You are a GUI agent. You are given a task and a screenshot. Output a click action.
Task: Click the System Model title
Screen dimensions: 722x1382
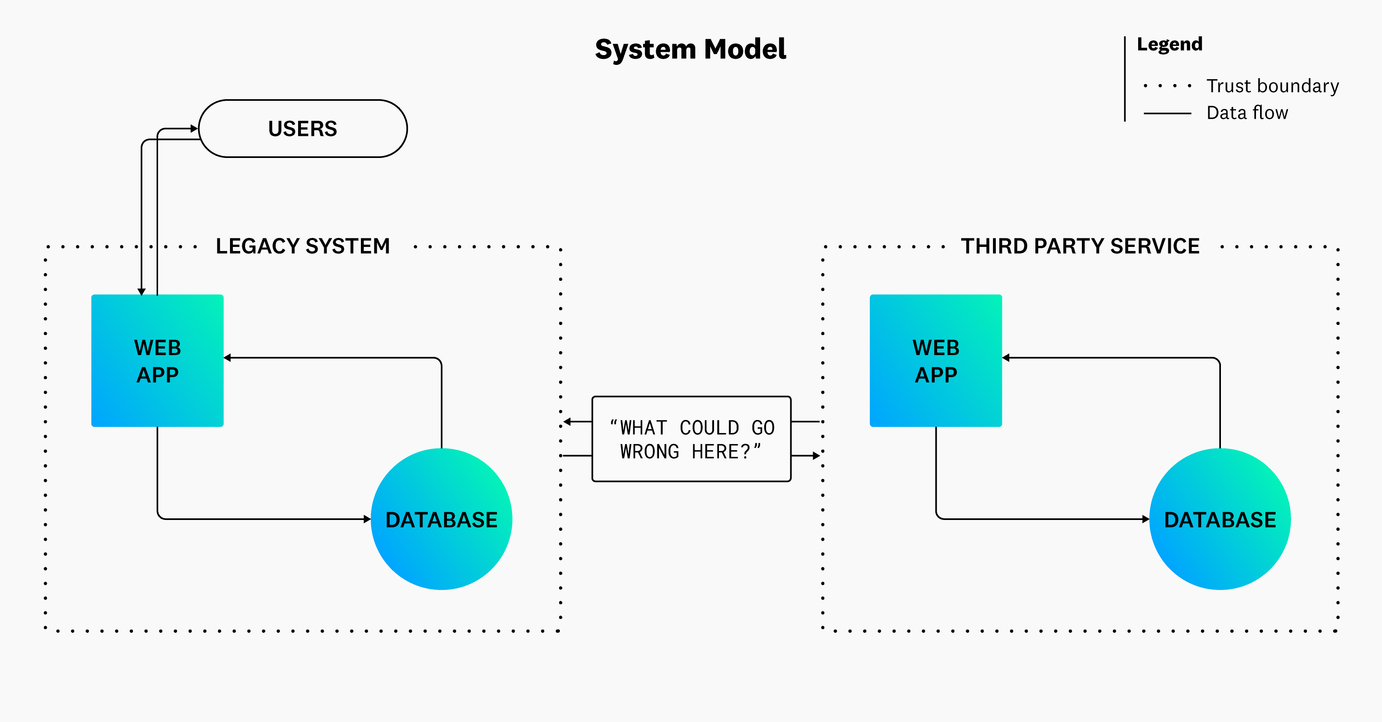pos(690,49)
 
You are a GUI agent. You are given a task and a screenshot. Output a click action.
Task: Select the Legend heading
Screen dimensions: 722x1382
pos(1170,44)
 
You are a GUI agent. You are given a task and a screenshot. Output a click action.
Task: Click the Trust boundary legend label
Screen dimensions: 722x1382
pos(1273,86)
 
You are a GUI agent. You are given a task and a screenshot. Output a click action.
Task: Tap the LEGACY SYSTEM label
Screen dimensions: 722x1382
pos(303,247)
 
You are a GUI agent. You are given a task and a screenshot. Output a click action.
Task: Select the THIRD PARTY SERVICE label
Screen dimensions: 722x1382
pos(1080,247)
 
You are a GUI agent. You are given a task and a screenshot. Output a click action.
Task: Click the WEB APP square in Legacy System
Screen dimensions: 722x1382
pos(157,361)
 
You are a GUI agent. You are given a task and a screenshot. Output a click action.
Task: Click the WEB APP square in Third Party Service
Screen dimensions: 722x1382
pos(935,361)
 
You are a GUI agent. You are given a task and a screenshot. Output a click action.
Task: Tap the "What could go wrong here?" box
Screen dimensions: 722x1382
pos(691,439)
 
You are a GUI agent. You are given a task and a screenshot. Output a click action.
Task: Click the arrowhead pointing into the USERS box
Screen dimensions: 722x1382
pos(194,129)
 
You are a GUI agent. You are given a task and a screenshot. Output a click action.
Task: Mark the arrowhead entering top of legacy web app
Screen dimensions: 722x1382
pos(142,291)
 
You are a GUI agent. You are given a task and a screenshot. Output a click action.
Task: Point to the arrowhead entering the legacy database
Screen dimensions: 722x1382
pos(367,519)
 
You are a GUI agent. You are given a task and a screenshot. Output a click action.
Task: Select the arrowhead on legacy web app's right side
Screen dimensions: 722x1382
pos(228,358)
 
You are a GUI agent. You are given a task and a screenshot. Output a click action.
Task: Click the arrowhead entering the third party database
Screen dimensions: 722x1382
pos(1145,519)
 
